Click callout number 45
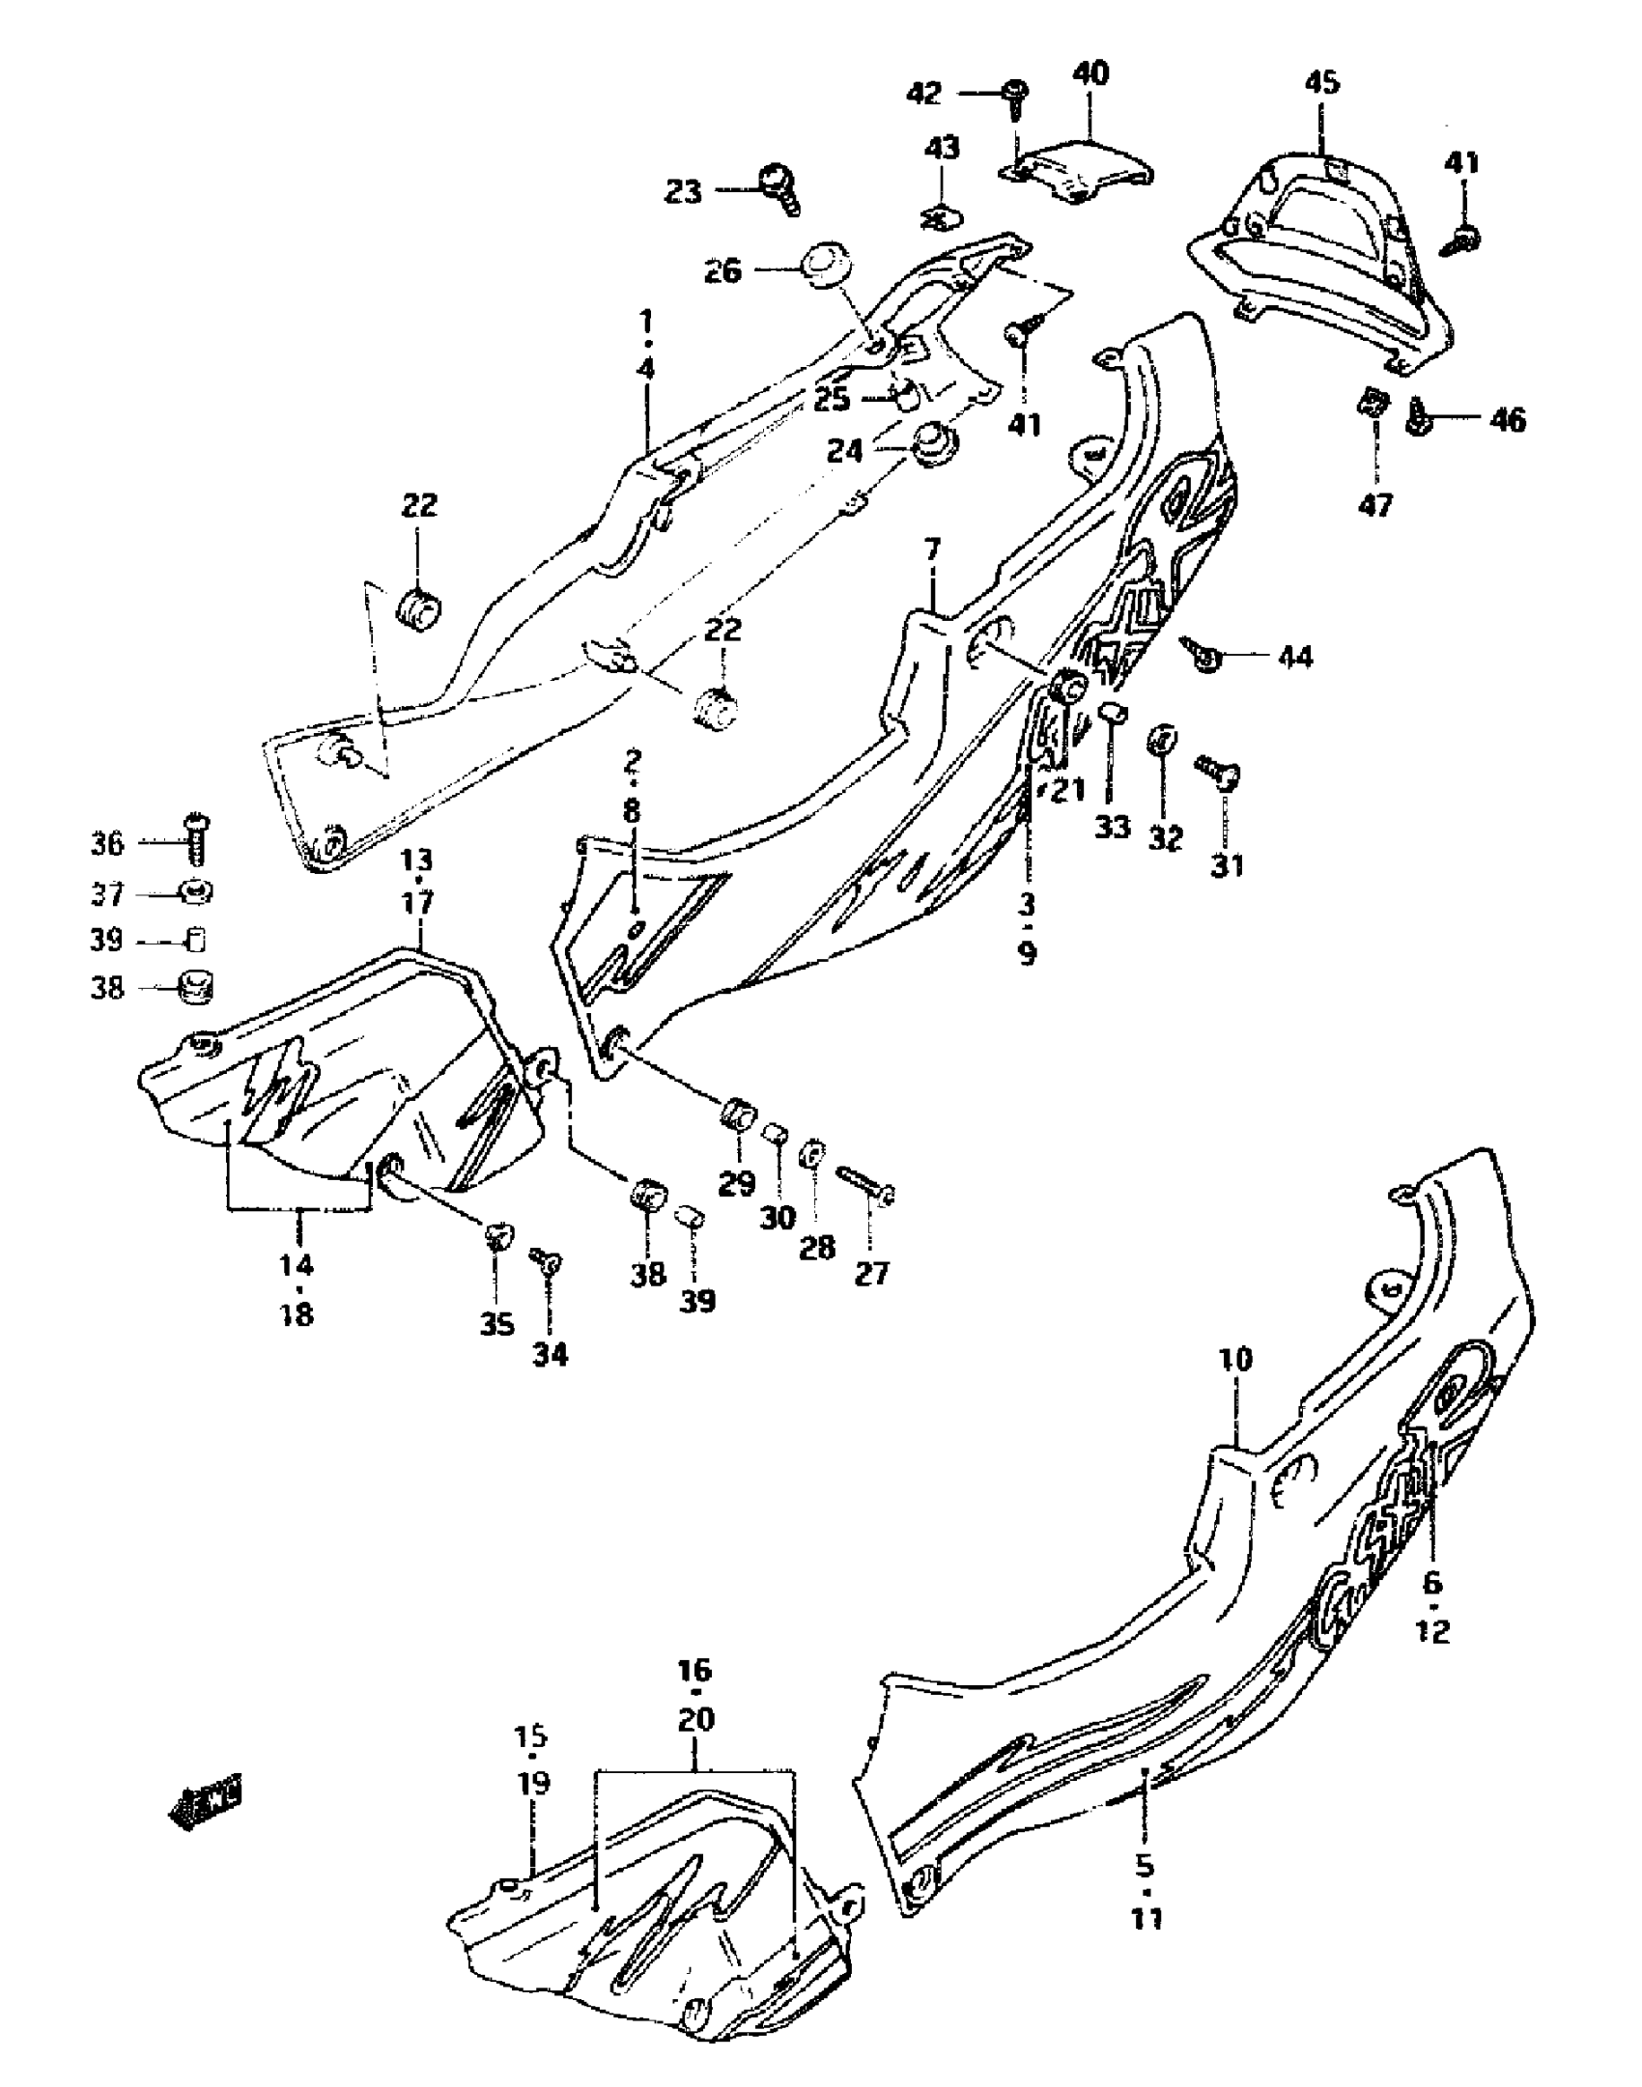click(x=1322, y=83)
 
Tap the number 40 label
click(x=1091, y=73)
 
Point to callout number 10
click(x=1236, y=1360)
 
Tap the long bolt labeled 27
click(x=869, y=1185)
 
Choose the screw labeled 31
click(x=1220, y=771)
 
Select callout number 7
click(x=931, y=551)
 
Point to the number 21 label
click(x=1069, y=791)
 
